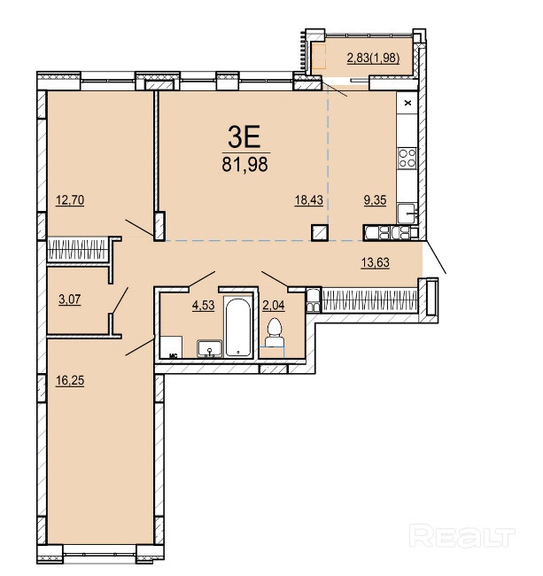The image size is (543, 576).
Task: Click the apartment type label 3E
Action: (244, 136)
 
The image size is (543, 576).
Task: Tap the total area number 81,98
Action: (244, 164)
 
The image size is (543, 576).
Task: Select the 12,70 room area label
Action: (70, 200)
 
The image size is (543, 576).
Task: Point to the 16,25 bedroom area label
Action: (70, 380)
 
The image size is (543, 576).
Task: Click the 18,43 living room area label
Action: (309, 200)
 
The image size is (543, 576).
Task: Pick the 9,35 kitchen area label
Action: (375, 200)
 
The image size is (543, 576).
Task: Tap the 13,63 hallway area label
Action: (376, 262)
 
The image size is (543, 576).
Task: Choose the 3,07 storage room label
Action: (70, 300)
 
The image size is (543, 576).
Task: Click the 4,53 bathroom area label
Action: (204, 305)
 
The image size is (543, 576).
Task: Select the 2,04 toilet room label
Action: (274, 305)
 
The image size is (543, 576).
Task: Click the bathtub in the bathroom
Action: (238, 327)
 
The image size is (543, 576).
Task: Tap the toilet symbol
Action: (275, 332)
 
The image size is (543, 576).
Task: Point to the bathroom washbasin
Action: (209, 348)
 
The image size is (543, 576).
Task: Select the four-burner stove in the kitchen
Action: (407, 158)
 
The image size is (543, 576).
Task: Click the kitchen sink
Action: (407, 214)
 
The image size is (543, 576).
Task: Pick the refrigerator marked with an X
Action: (407, 103)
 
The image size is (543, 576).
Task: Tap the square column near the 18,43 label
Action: (320, 232)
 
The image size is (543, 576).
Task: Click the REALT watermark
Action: (462, 536)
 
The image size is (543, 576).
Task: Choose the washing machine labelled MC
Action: (172, 346)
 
